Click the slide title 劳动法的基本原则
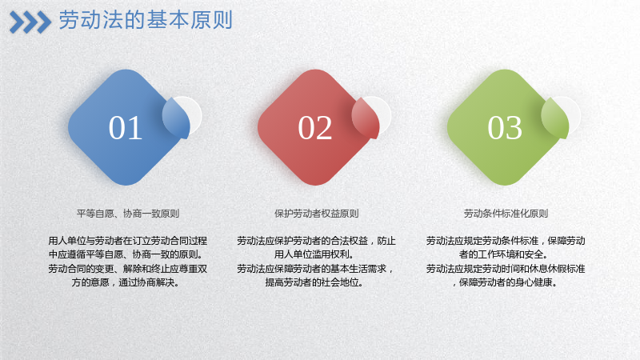[x=146, y=20]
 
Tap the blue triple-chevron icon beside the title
[x=30, y=22]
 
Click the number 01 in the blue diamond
[x=126, y=128]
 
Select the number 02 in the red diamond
[x=314, y=128]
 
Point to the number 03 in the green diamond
[x=505, y=128]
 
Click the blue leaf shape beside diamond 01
[x=177, y=118]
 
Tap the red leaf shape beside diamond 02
[x=366, y=118]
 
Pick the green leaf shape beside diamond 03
[x=555, y=118]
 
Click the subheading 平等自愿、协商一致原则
[x=128, y=214]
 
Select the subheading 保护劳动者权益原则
[x=316, y=214]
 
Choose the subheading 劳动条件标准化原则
[x=506, y=214]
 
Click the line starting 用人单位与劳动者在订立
[x=128, y=241]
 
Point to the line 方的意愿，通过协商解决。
[x=126, y=282]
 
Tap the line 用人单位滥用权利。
[x=314, y=254]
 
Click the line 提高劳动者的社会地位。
[x=314, y=282]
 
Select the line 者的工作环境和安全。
[x=503, y=254]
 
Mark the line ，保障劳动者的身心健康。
[x=505, y=282]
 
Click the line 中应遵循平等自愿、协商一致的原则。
[x=126, y=254]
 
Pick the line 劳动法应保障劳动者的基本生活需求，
[x=315, y=269]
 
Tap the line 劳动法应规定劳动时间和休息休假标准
[x=506, y=269]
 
